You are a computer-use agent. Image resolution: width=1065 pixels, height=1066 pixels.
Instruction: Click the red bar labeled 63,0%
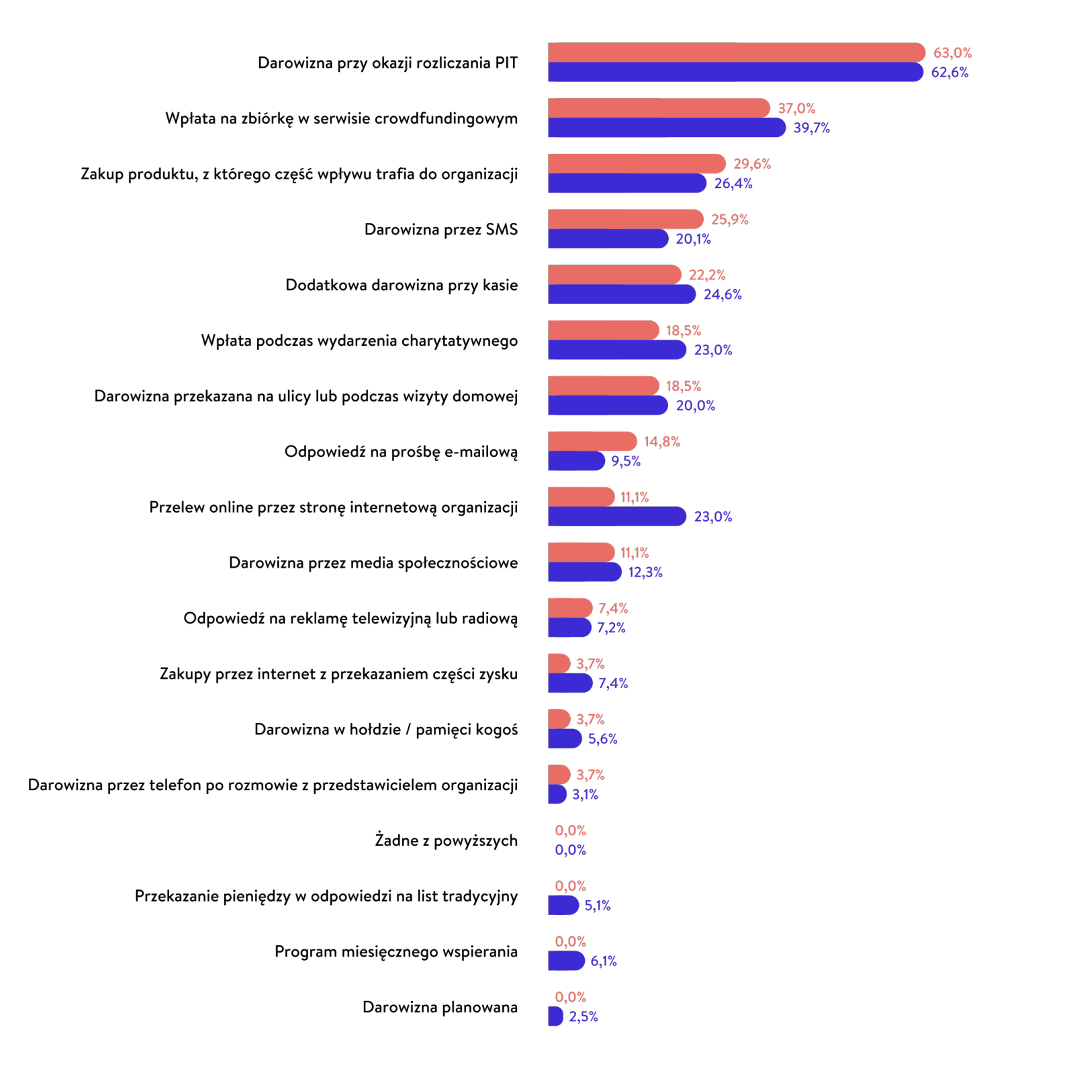coord(736,52)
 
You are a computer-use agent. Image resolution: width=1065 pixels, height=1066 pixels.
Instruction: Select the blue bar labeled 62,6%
coord(735,72)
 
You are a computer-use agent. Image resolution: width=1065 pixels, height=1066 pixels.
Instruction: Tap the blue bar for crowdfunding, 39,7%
coord(666,128)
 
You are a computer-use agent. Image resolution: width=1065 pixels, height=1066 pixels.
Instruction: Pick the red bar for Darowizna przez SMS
coord(625,219)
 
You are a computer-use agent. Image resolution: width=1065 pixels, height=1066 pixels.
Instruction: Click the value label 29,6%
coord(751,164)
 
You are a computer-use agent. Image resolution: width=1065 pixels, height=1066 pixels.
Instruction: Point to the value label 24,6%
coord(722,294)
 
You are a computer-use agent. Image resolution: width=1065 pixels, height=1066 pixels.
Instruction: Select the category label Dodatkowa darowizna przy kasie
coord(402,285)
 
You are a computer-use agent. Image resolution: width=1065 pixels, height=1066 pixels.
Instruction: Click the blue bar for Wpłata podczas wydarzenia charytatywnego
coord(616,350)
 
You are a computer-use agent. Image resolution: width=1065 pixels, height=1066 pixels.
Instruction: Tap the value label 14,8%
coord(661,442)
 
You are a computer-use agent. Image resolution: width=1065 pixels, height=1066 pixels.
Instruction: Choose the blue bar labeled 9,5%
coord(576,461)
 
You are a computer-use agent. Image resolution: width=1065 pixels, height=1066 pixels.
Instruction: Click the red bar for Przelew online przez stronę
coord(581,497)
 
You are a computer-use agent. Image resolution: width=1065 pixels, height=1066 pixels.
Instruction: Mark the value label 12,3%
coord(645,572)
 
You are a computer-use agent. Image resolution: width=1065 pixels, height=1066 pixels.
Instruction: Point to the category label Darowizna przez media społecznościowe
coord(373,563)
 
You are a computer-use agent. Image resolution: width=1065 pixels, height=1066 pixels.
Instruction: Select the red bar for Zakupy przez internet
coord(559,663)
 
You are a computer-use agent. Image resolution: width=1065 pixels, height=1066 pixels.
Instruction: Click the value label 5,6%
coord(602,739)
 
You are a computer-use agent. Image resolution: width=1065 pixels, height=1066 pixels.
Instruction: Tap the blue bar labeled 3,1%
coord(557,794)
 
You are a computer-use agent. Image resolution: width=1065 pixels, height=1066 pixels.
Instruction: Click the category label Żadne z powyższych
coord(446,840)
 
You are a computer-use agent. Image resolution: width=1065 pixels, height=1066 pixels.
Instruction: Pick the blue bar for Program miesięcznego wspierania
coord(566,961)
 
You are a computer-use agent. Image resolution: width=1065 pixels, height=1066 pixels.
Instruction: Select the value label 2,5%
coord(583,1016)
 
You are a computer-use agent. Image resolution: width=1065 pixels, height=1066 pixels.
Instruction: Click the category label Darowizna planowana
coord(440,1007)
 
